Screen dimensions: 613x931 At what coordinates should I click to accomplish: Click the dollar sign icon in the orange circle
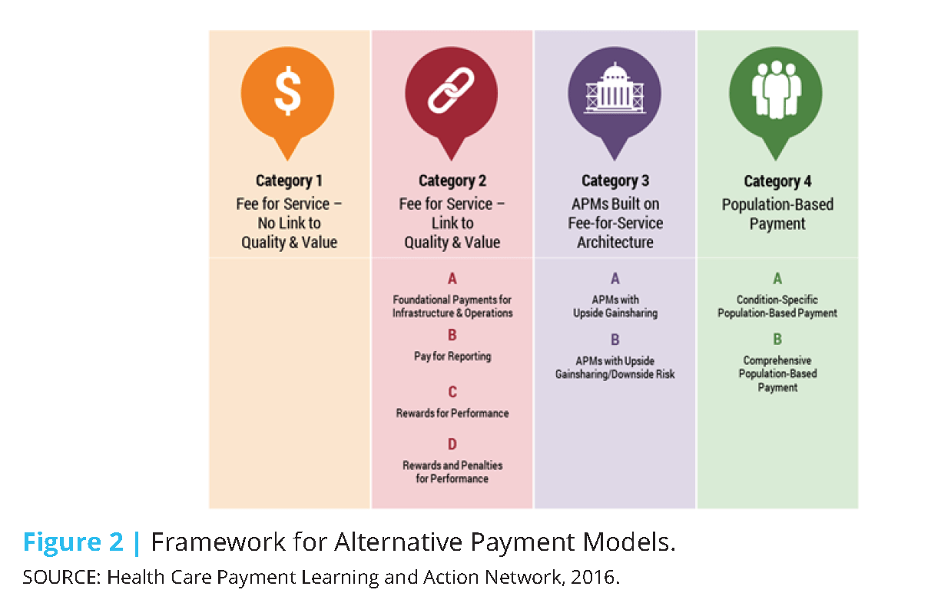click(x=288, y=93)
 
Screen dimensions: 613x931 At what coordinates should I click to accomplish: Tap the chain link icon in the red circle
click(x=451, y=93)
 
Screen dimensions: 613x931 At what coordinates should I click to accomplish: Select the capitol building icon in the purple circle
click(x=615, y=93)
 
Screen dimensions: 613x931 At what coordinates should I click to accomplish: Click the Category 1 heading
click(x=289, y=181)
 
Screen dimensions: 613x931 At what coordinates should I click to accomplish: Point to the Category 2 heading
click(x=452, y=181)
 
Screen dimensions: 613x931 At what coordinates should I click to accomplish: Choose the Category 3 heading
click(x=615, y=181)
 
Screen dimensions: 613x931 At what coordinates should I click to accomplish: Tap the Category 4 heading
click(x=777, y=181)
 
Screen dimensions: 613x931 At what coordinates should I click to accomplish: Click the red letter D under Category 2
click(x=452, y=444)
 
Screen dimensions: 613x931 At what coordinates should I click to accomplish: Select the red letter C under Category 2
click(x=452, y=393)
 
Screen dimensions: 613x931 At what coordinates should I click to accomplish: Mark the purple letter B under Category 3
click(x=615, y=340)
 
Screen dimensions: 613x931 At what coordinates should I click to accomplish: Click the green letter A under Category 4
click(x=777, y=280)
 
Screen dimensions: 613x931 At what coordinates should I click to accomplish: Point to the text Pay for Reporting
click(x=452, y=356)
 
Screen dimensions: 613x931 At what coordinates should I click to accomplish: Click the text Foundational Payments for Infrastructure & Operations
click(x=452, y=306)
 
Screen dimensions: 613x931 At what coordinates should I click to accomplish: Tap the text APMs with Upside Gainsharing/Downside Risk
click(x=615, y=367)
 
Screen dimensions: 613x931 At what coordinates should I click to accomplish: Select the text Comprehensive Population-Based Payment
click(x=777, y=374)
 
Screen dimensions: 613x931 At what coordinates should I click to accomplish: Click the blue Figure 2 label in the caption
click(x=73, y=542)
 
